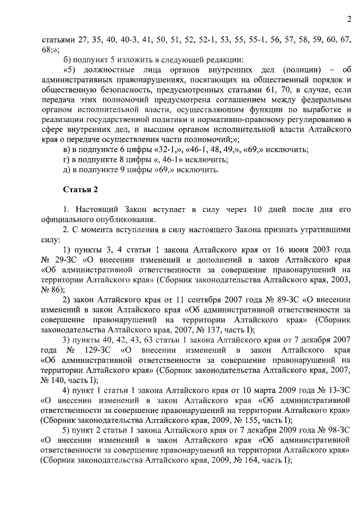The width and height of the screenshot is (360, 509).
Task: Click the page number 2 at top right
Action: [x=348, y=21]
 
